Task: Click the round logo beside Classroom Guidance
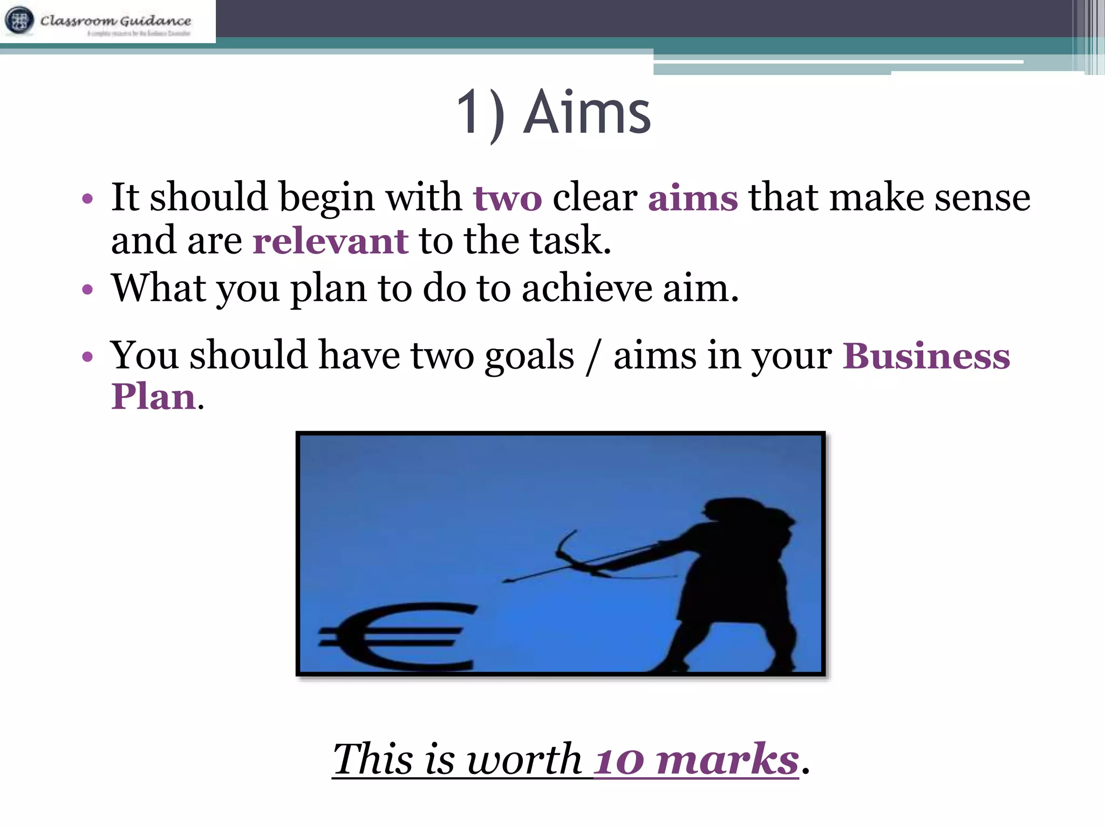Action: [x=19, y=21]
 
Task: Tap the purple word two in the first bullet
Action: [x=507, y=198]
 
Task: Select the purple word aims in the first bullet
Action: [x=693, y=198]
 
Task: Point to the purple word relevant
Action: [x=330, y=241]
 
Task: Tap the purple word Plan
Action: [x=153, y=397]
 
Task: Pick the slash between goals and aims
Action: [x=594, y=357]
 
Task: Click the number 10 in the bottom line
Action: [x=619, y=760]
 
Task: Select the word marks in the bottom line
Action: [x=727, y=760]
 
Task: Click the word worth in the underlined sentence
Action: [x=523, y=760]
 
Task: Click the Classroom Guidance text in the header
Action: [x=115, y=21]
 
